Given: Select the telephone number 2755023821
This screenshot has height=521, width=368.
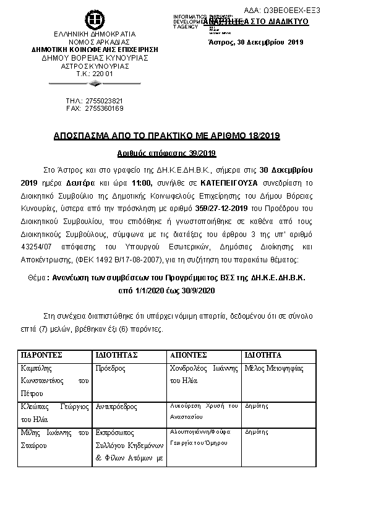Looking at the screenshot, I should pyautogui.click(x=103, y=100).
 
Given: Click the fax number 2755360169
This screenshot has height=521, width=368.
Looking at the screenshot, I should pyautogui.click(x=103, y=108).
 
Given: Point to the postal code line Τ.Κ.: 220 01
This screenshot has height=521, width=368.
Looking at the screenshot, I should pyautogui.click(x=95, y=74).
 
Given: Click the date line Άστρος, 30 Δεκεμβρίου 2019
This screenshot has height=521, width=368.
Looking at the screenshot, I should pyautogui.click(x=255, y=41).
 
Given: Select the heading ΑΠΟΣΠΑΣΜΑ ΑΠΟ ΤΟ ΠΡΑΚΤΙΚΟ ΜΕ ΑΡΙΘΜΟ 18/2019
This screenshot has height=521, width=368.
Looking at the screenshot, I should pyautogui.click(x=166, y=136).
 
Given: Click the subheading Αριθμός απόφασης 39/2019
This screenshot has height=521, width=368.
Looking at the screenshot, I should pyautogui.click(x=166, y=153).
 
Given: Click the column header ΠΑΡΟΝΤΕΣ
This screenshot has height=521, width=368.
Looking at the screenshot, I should pyautogui.click(x=41, y=355).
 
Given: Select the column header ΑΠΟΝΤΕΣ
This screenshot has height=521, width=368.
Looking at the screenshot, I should pyautogui.click(x=189, y=355).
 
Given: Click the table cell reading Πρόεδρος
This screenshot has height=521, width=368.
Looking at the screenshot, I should pyautogui.click(x=111, y=368).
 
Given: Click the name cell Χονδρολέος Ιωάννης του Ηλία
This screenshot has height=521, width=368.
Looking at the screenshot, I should pyautogui.click(x=203, y=373).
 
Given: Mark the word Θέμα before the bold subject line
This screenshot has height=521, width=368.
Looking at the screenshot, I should pyautogui.click(x=38, y=277).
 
